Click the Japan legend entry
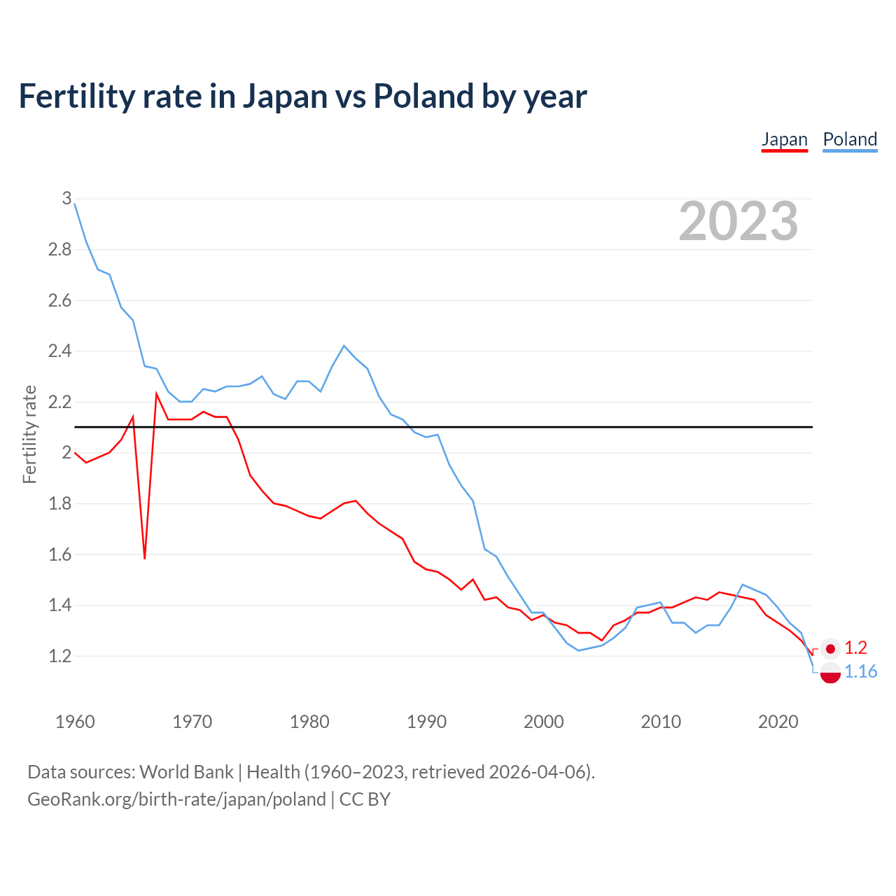point(784,139)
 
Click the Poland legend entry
point(850,139)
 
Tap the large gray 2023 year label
point(738,221)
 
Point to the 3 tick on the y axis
point(67,198)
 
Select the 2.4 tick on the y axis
point(59,351)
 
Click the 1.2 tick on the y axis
point(59,656)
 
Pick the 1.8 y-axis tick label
point(59,503)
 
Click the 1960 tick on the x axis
point(75,722)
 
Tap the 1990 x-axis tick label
point(426,722)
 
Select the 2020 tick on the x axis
point(778,722)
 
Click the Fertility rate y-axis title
point(29,434)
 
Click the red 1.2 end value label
point(855,648)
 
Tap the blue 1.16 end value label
point(860,672)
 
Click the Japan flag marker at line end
point(830,649)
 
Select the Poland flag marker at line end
point(830,673)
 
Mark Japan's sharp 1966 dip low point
point(145,558)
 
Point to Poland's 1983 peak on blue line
point(344,346)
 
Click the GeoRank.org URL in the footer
point(176,799)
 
